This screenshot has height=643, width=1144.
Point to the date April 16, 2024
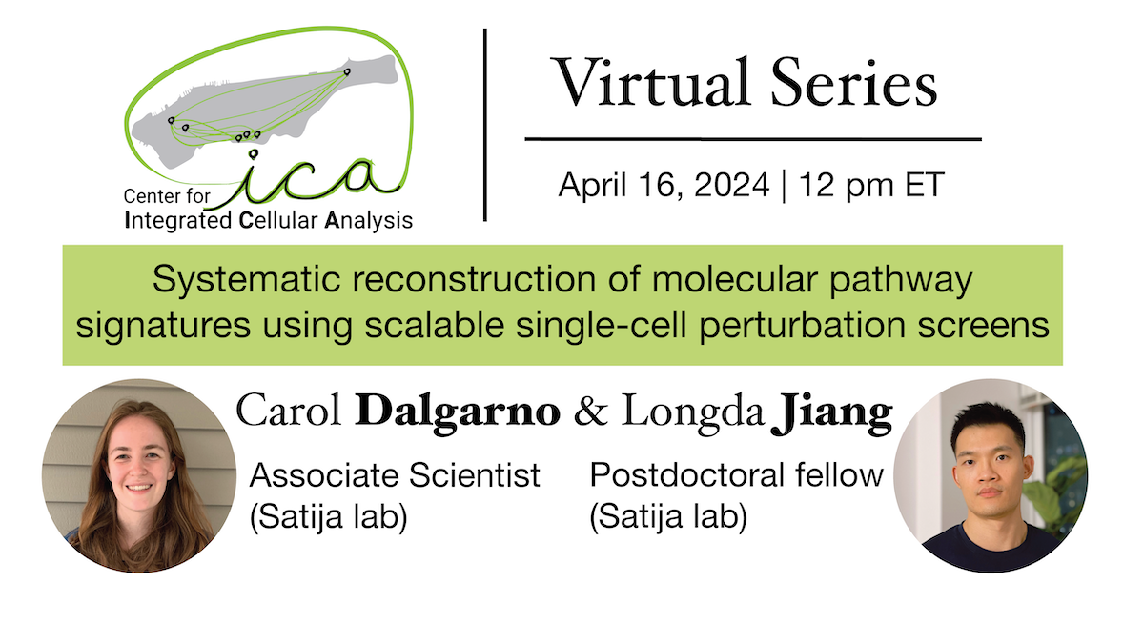pos(664,185)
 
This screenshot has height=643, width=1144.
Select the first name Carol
pos(291,412)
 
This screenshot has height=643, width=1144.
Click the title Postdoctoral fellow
pos(736,474)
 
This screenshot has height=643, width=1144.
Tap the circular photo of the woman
pos(139,476)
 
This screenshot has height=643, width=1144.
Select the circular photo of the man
pos(990,476)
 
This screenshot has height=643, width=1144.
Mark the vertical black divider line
pos(485,124)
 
